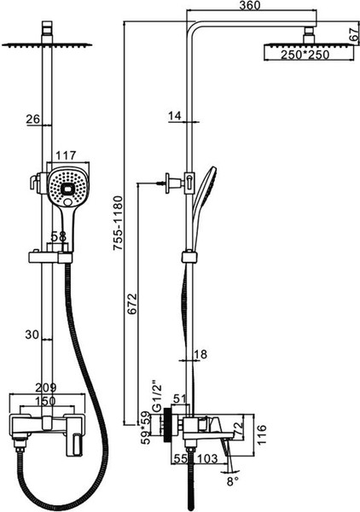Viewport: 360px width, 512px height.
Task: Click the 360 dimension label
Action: point(250,5)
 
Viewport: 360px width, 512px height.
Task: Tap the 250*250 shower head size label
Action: point(305,55)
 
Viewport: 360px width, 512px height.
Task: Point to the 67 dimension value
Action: point(354,34)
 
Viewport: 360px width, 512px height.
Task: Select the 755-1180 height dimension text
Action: point(118,223)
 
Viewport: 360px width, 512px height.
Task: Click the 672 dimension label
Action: point(132,304)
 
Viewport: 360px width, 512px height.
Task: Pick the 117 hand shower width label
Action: point(66,155)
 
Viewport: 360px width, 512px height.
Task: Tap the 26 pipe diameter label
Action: point(33,119)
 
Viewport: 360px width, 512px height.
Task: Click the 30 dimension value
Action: point(32,335)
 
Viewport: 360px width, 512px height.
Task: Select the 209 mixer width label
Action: point(46,387)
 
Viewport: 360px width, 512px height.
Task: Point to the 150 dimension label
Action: point(45,401)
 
